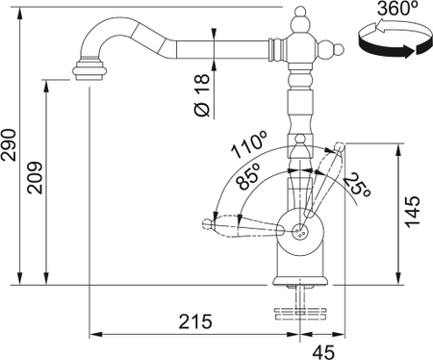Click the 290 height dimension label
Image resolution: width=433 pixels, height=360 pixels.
coord(9,144)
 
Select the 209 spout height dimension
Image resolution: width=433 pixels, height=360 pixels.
coord(35,177)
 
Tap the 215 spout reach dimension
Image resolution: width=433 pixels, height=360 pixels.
coord(195,321)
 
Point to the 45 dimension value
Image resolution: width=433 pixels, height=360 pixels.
coord(323,352)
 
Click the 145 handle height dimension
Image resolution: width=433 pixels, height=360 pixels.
coord(413,212)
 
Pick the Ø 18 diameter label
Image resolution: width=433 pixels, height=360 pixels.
coord(202,95)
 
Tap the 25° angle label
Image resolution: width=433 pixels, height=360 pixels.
coord(358,185)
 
